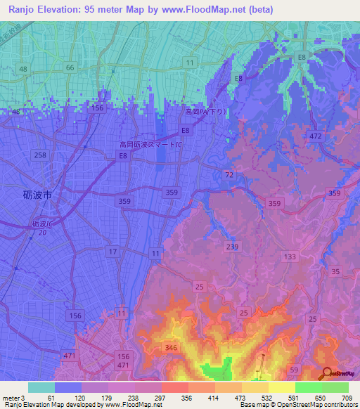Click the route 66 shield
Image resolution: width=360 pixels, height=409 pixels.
point(69,67)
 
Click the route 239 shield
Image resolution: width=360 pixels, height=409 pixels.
point(233,246)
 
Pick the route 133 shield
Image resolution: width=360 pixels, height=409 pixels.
point(289,257)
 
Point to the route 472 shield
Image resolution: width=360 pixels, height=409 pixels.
point(315,135)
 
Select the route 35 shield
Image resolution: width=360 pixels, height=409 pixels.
point(335,271)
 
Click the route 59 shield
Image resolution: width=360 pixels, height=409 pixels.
point(294,370)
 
